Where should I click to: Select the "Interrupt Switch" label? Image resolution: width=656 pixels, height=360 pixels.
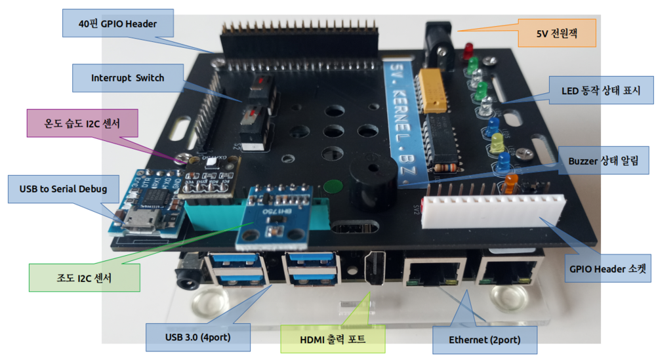pyautogui.click(x=127, y=77)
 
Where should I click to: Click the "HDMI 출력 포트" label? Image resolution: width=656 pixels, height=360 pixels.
pyautogui.click(x=332, y=339)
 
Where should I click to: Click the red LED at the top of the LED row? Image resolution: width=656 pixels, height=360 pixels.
pyautogui.click(x=469, y=50)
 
